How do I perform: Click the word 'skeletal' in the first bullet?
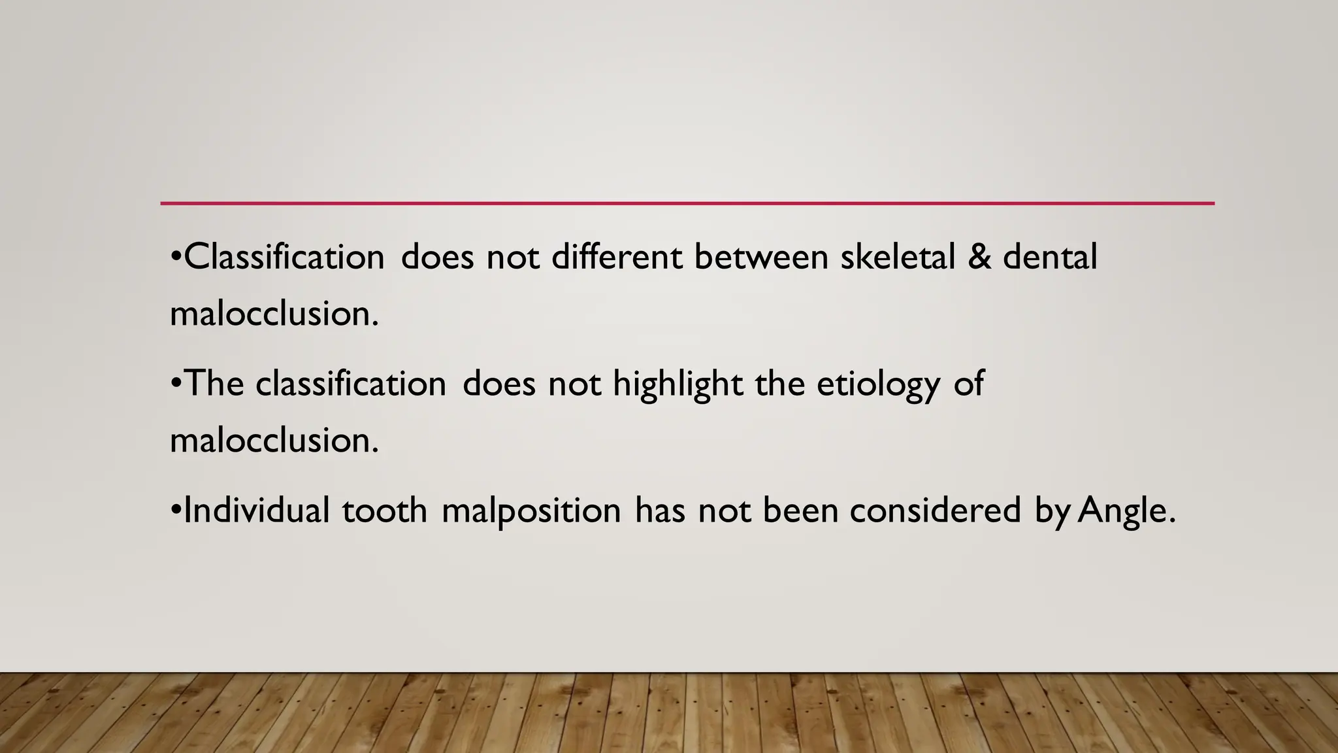897,256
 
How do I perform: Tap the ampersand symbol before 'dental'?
979,256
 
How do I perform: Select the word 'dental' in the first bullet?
1050,256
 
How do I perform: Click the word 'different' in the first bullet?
617,256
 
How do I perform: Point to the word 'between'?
760,256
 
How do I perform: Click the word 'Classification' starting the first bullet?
284,256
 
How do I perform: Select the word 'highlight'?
677,384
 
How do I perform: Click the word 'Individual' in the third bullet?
257,510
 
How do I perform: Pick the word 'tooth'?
384,510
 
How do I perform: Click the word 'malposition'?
531,511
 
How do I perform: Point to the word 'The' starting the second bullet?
214,384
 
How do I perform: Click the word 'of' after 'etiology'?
969,384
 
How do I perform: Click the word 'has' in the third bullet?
660,510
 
